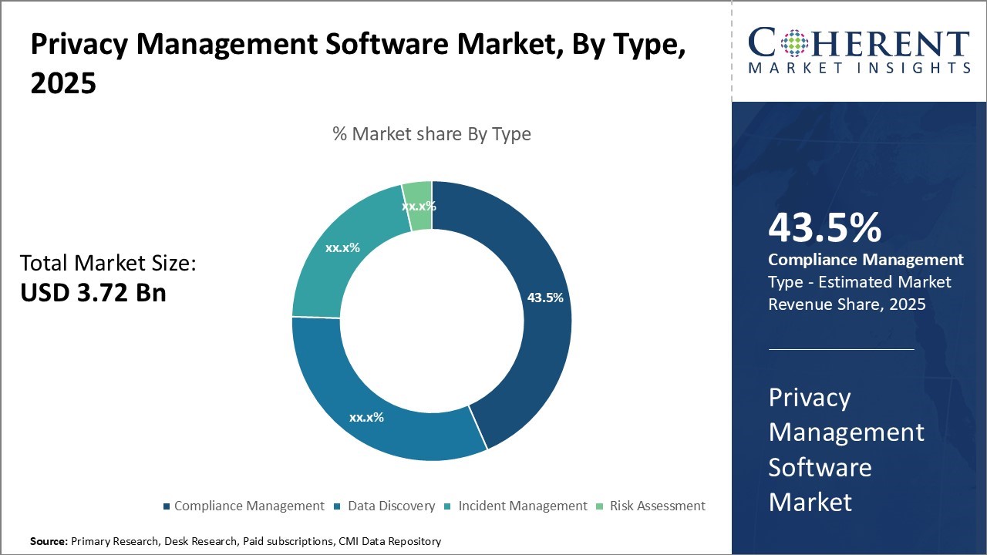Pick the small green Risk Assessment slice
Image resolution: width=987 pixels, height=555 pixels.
(x=419, y=205)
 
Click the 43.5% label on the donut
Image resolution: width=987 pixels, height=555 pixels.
(x=545, y=297)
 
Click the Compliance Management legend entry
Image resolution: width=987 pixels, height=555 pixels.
(x=248, y=506)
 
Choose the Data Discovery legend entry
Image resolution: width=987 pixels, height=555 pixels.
(x=391, y=506)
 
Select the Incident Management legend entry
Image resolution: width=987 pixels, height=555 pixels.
(x=522, y=506)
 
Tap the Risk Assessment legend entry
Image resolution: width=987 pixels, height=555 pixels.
(x=657, y=506)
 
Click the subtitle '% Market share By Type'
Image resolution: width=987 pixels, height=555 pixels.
(x=432, y=134)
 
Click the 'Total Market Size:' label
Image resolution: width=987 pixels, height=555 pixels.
(x=109, y=264)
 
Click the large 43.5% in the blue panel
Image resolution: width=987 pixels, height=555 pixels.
(x=824, y=229)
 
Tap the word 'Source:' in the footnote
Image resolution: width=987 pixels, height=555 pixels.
(x=49, y=542)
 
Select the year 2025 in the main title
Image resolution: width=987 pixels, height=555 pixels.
(x=63, y=83)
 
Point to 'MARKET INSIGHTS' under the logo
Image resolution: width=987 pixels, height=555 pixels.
(x=858, y=68)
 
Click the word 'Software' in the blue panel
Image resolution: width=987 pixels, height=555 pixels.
(x=820, y=467)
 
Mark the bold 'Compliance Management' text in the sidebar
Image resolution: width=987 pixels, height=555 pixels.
(x=865, y=260)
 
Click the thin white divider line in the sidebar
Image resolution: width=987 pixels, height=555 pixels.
(x=841, y=349)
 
